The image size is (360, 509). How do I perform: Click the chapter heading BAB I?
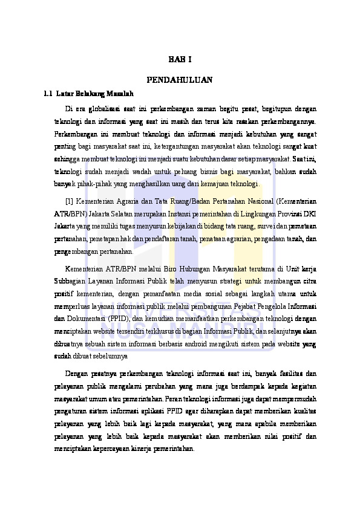(180, 60)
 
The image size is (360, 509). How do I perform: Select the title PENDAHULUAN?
(180, 79)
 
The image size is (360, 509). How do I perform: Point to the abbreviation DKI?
(309, 213)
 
